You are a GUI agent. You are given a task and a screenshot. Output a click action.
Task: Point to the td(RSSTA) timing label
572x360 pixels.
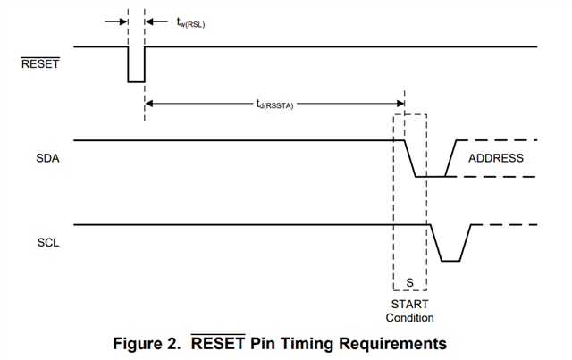coord(274,105)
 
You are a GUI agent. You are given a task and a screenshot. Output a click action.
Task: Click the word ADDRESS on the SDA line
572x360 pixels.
coord(496,158)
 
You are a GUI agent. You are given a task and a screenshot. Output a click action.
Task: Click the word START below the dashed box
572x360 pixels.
coord(409,305)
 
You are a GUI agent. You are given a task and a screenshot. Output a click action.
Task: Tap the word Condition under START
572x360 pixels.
coord(409,318)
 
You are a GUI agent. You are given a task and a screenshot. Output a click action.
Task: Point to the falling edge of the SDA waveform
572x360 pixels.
coord(410,158)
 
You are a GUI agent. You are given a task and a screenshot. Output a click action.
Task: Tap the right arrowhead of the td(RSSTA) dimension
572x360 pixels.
coord(400,105)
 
